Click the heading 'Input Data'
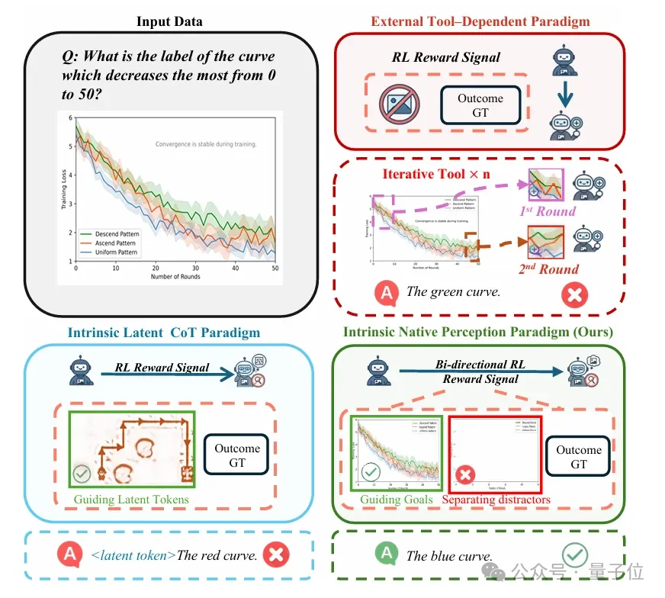[169, 21]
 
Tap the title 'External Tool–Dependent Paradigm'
[480, 21]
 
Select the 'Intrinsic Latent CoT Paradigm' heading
[164, 333]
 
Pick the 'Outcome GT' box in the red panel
[480, 104]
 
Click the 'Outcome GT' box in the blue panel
[237, 455]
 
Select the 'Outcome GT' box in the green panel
[579, 456]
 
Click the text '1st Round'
[548, 211]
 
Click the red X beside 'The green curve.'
[573, 294]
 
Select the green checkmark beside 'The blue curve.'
[574, 555]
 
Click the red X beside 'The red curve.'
[275, 555]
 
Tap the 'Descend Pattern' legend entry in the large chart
[119, 234]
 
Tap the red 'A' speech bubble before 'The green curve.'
[386, 291]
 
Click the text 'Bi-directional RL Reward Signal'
[481, 371]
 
